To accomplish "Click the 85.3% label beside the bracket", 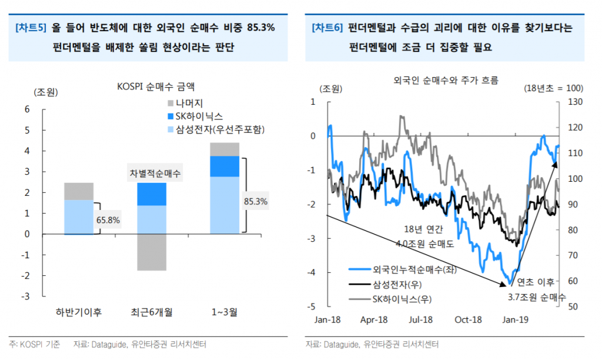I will (x=256, y=202).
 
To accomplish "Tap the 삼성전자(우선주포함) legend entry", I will (x=212, y=129).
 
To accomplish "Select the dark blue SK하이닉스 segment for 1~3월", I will (x=225, y=166).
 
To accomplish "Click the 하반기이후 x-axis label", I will (x=79, y=312).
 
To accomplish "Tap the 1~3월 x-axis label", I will (x=225, y=312).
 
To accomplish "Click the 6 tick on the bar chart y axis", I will (x=26, y=109).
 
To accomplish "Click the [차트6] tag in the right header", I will (x=327, y=28).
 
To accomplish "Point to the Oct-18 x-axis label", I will (x=468, y=319).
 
